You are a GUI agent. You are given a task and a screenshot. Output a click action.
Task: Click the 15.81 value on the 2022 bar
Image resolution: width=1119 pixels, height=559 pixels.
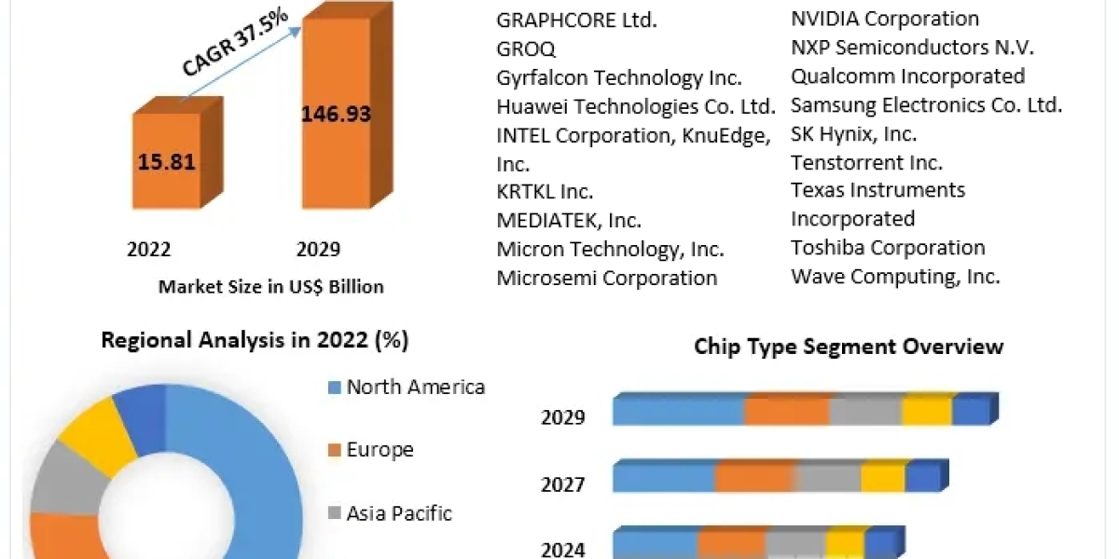tap(167, 162)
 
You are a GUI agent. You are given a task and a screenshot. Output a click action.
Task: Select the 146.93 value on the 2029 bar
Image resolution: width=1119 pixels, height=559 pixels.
tap(336, 115)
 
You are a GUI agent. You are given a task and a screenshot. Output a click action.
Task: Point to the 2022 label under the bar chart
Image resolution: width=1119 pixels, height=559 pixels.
tap(148, 250)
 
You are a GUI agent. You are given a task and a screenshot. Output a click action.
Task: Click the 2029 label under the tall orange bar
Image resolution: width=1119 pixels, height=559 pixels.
tap(318, 250)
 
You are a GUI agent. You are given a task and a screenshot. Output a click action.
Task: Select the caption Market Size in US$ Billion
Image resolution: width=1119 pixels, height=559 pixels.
tap(270, 287)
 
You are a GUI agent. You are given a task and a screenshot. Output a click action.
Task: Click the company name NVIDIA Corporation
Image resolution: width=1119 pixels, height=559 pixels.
tap(884, 19)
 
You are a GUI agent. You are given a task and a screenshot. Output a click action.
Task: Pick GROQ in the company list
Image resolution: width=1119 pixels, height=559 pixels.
tap(525, 48)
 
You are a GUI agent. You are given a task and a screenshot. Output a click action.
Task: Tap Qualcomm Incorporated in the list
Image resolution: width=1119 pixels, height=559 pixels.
tap(907, 76)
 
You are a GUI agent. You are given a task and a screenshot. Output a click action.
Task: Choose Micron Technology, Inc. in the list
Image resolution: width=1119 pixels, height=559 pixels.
tap(610, 250)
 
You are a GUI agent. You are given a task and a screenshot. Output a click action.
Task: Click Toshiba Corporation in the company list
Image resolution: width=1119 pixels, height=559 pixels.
tap(888, 248)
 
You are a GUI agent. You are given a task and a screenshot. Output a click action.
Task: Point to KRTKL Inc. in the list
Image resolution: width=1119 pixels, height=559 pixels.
tap(545, 192)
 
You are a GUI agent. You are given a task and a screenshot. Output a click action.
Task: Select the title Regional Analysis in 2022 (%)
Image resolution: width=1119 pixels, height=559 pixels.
tap(255, 341)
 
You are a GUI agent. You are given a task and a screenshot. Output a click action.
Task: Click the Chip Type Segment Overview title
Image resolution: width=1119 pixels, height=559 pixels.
tap(849, 348)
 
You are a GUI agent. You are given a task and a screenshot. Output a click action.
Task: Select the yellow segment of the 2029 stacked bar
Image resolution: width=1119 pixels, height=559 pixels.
tap(926, 411)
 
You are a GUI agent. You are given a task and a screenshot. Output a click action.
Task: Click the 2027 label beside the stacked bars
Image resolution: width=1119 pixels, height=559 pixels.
tap(563, 484)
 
